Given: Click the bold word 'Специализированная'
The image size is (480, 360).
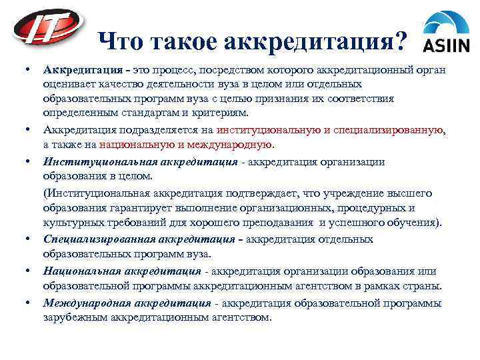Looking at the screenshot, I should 99,239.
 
